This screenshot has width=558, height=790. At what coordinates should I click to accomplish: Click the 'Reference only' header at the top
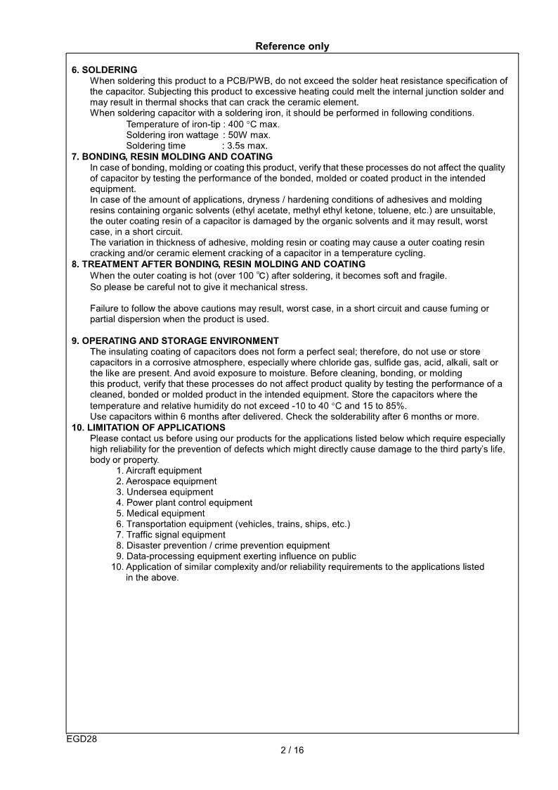(x=292, y=46)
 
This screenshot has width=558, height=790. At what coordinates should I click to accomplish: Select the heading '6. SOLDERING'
(x=105, y=70)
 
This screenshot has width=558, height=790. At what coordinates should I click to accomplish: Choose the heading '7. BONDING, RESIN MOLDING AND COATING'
(x=172, y=156)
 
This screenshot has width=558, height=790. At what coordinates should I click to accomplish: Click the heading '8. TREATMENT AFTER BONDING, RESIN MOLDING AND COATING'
(x=219, y=264)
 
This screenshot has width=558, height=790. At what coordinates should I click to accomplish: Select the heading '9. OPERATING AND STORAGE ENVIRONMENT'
(x=175, y=340)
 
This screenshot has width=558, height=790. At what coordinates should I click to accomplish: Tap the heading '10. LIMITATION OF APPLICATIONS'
(x=148, y=427)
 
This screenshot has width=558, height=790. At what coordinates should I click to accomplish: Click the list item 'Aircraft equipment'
(x=164, y=471)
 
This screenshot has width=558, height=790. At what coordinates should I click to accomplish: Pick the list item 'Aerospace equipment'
(x=171, y=481)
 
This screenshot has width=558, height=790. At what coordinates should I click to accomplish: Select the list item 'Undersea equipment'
(x=169, y=492)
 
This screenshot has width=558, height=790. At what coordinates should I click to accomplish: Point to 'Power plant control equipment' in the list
(x=189, y=503)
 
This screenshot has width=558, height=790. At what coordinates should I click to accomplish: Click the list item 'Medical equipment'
(x=165, y=514)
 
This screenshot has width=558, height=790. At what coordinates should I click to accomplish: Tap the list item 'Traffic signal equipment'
(x=176, y=535)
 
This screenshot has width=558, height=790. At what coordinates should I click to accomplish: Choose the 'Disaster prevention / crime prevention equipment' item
(x=228, y=545)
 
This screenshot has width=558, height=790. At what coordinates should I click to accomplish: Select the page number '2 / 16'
(x=292, y=750)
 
